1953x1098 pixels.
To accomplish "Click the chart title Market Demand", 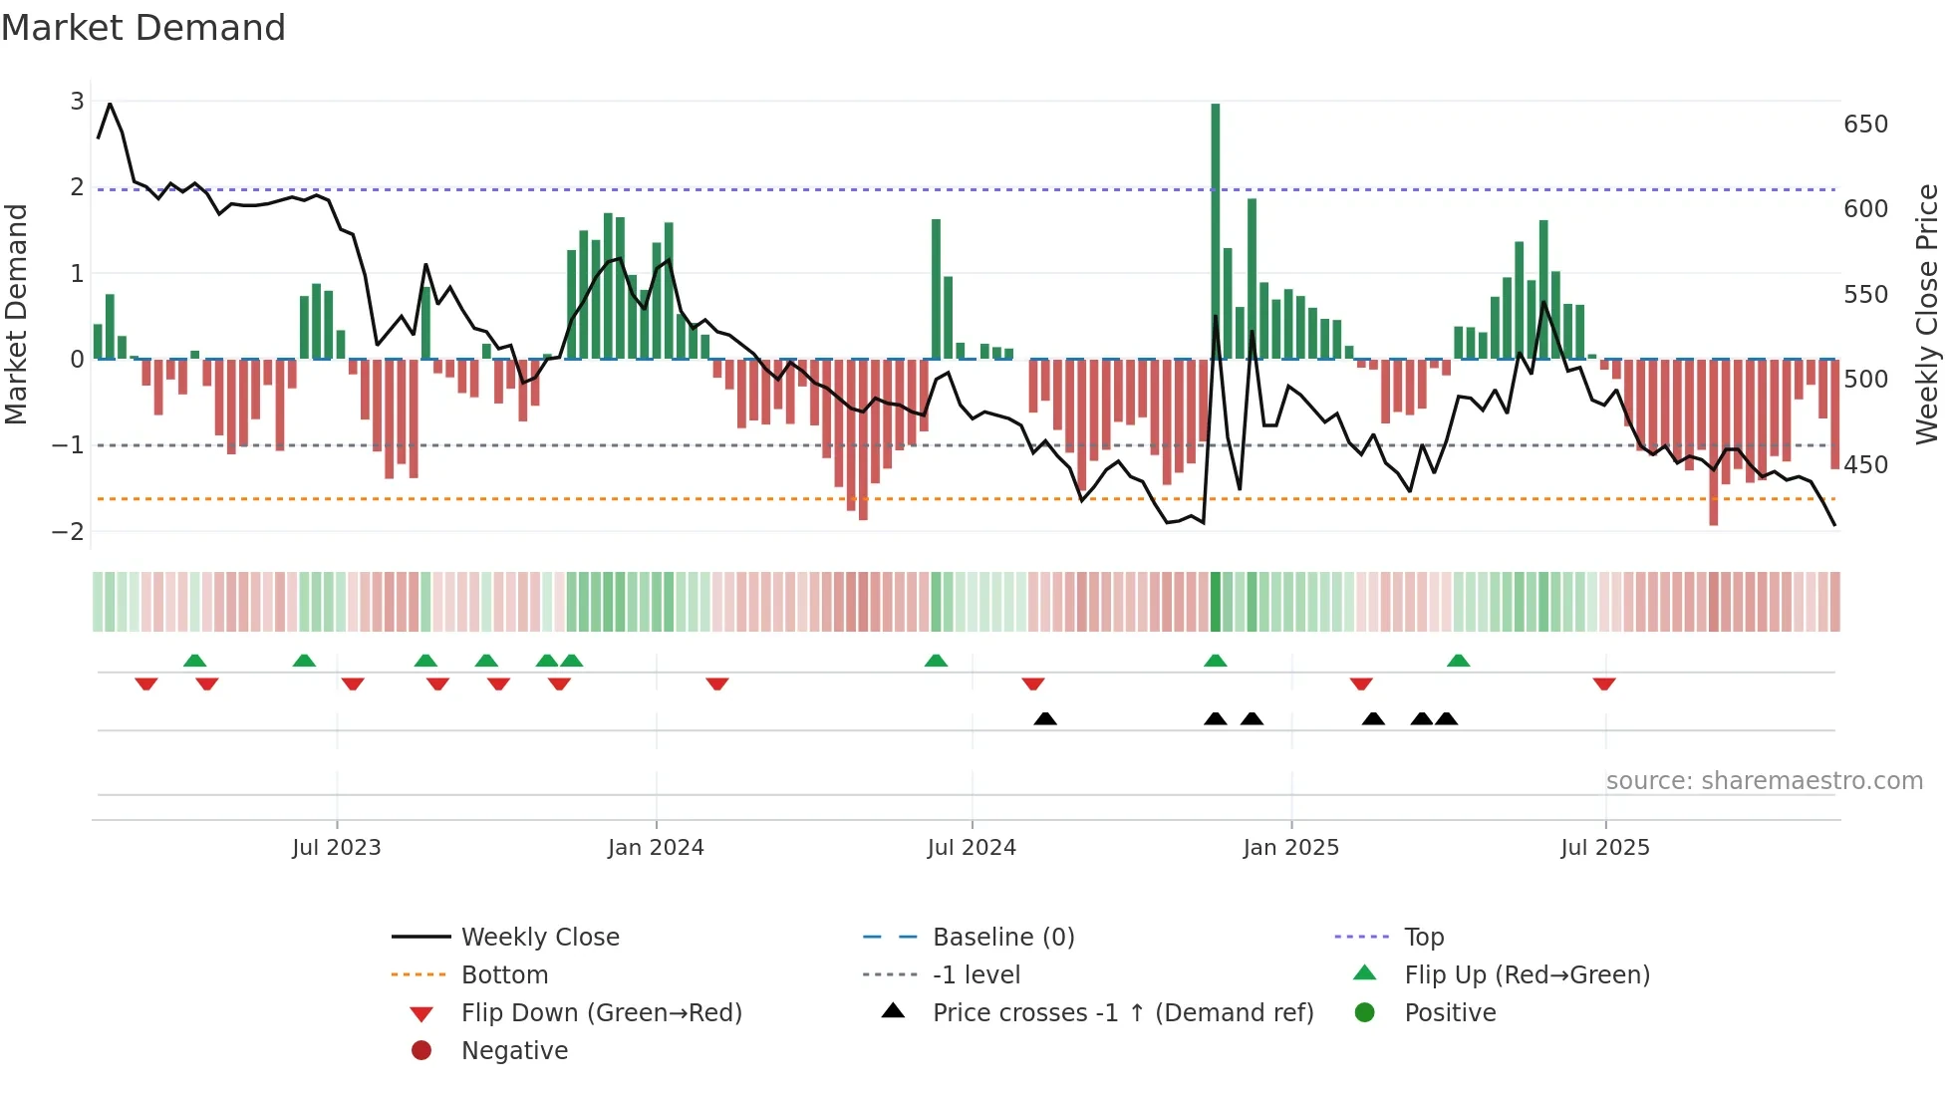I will (143, 28).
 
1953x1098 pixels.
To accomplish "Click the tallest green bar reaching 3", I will (1215, 229).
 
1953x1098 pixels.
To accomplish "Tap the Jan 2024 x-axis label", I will (656, 848).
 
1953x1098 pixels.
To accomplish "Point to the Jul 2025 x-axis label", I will (1604, 848).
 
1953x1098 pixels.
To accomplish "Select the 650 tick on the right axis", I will (1865, 125).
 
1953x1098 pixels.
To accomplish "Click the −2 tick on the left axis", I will (69, 531).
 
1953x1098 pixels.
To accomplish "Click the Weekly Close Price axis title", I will (1927, 314).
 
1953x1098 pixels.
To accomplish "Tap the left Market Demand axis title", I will (17, 314).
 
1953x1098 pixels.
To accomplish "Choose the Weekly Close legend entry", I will (539, 938).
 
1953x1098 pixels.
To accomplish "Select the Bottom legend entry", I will (504, 975).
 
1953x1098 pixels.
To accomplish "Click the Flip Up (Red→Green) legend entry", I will (1527, 975).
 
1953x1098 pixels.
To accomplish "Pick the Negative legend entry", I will (514, 1051).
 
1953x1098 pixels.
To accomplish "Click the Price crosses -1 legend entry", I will (1123, 1013).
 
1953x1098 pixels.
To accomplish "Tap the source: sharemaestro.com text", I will (1764, 781).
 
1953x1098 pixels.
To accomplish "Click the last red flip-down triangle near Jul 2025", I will (1603, 685).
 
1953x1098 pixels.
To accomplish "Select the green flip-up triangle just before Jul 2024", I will (936, 661).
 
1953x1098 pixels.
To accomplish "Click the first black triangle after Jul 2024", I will (1044, 718).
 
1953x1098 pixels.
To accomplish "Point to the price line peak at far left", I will (110, 104).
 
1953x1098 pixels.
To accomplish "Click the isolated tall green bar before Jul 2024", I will (936, 289).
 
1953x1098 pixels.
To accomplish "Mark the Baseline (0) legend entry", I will (1002, 938).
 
